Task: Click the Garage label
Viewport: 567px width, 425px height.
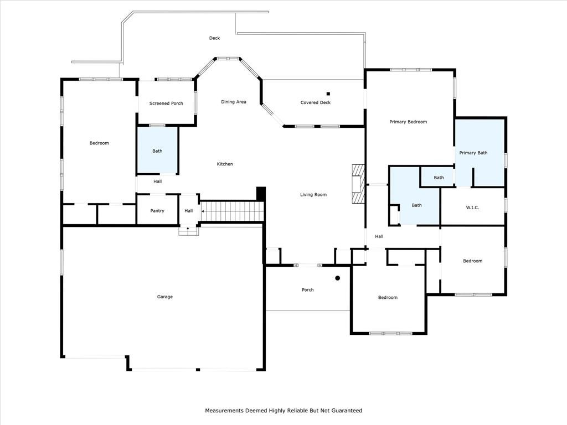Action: click(165, 297)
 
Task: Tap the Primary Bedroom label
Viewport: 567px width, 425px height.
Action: click(408, 122)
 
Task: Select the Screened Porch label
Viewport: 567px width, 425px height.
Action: click(166, 103)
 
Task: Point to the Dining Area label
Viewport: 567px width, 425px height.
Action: click(234, 102)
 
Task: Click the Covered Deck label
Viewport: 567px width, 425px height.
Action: click(315, 102)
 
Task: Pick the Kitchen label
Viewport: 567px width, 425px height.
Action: click(225, 164)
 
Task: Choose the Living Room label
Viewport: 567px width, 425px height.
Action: click(313, 195)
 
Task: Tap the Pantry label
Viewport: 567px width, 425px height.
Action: click(157, 211)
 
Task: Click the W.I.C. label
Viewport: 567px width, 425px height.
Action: click(472, 208)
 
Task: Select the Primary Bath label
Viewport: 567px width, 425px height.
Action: click(473, 153)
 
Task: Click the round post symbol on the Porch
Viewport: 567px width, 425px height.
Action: click(337, 278)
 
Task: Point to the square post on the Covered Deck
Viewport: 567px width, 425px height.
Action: click(328, 94)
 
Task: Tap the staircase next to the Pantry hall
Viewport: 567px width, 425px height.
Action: click(232, 211)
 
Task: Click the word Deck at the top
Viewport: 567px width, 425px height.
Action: click(214, 38)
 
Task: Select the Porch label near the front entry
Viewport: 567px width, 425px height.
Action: click(308, 290)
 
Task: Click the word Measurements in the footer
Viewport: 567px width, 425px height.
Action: click(224, 411)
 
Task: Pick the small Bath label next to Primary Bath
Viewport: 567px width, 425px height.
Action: click(439, 178)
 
